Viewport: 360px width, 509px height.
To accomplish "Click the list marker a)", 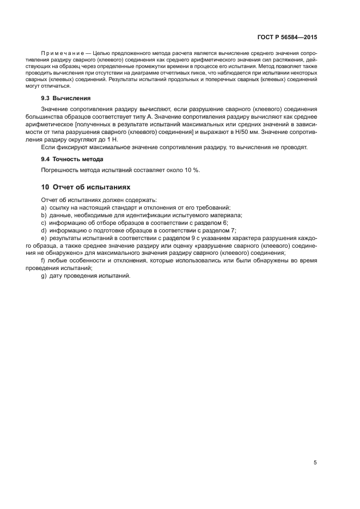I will pos(44,207).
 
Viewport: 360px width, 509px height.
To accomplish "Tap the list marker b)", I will pos(44,215).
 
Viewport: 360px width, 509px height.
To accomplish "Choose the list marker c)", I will pos(44,223).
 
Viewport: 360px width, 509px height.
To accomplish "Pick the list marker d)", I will pos(44,230).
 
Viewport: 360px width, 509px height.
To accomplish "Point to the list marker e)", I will pos(44,238).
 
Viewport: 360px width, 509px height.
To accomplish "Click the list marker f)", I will pos(43,261).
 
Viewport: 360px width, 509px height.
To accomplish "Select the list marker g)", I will pos(44,276).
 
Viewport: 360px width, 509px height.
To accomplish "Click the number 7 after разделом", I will pos(233,230).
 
